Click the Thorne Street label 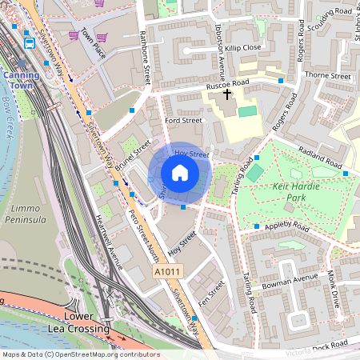coord(328,76)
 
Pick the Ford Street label coord(182,121)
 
